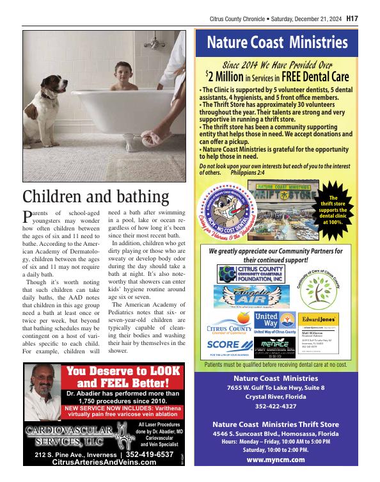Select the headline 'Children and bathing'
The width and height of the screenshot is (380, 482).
point(95,197)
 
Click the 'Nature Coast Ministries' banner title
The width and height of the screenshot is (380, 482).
point(277,44)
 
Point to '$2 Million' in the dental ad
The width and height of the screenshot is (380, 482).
point(223,77)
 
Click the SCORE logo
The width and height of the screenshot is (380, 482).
point(224,344)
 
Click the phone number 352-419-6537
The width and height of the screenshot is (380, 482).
point(150,454)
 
